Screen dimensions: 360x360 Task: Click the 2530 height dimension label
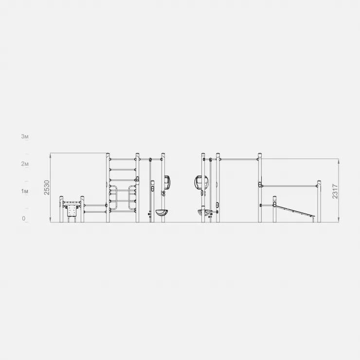coord(47,188)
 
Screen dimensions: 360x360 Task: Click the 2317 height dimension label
coord(335,191)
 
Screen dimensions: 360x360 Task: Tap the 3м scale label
coord(25,136)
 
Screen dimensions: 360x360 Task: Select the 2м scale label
coord(25,163)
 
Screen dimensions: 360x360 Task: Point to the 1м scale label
coord(25,191)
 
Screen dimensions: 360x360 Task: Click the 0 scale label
coord(24,218)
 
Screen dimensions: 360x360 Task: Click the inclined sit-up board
coord(295,211)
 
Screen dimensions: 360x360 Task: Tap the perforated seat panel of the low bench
coord(72,211)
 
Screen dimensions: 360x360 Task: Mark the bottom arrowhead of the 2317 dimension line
coord(339,220)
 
